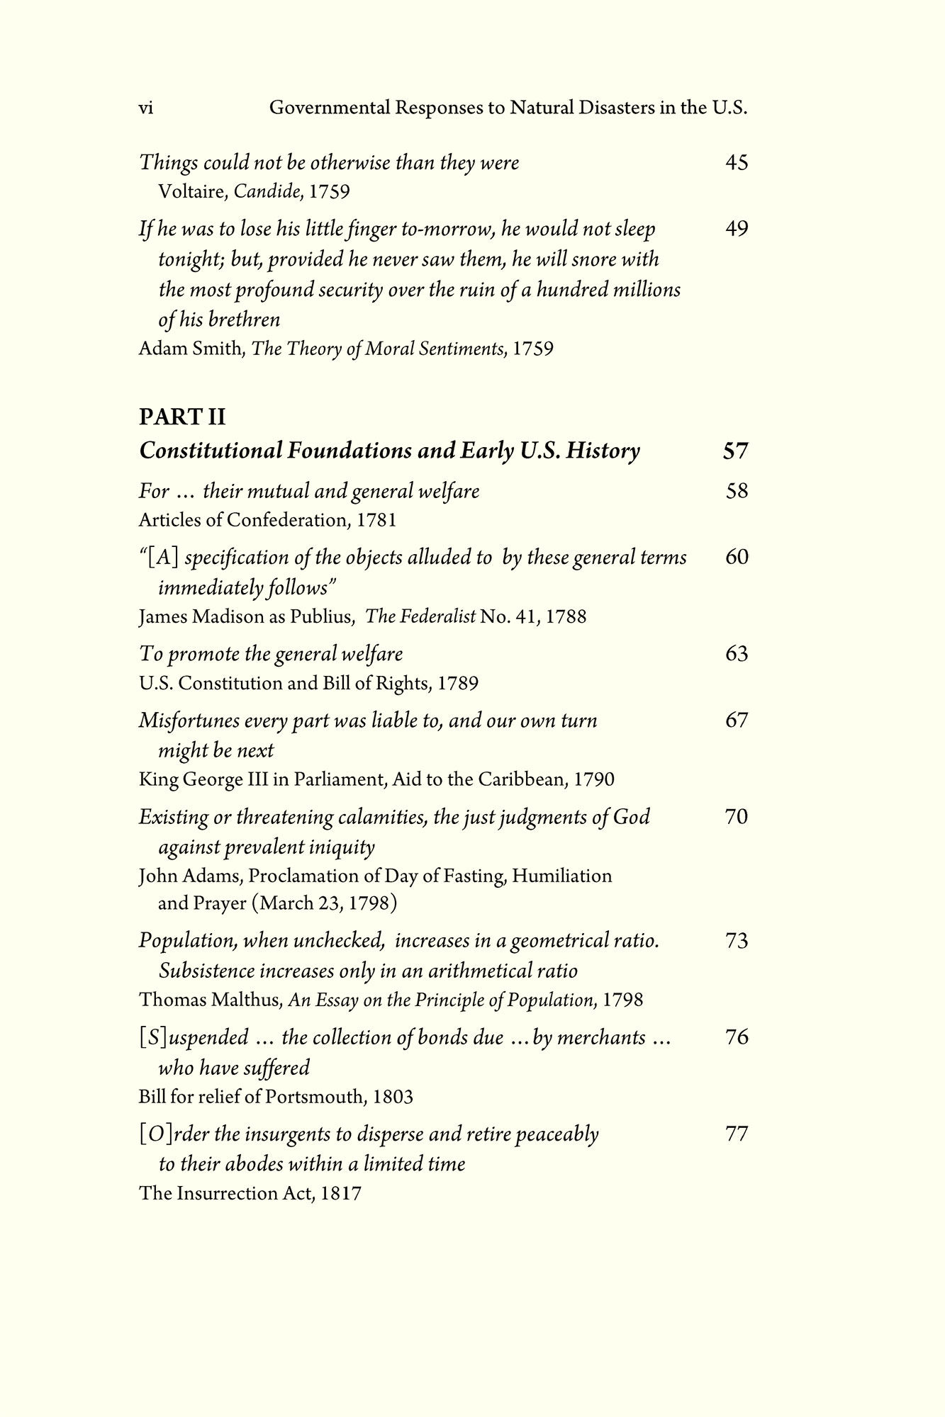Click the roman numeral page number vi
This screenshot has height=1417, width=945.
click(146, 108)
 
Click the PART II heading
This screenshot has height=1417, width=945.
click(181, 417)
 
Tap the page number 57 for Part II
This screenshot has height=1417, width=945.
click(736, 451)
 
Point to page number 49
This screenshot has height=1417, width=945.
click(737, 229)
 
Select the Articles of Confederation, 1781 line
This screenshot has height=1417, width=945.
click(267, 521)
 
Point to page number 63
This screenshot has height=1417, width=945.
click(737, 653)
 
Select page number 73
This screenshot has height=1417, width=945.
click(737, 941)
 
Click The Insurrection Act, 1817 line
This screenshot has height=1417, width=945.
click(250, 1194)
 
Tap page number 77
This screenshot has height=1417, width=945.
click(737, 1134)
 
